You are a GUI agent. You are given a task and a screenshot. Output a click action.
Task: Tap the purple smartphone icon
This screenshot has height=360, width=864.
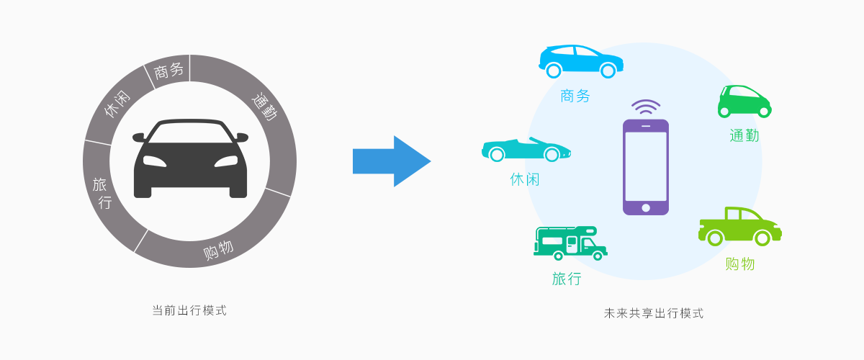(645, 166)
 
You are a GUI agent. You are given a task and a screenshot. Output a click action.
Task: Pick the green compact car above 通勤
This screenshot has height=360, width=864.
(744, 102)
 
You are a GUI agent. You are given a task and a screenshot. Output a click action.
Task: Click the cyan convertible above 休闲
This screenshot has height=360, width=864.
(526, 150)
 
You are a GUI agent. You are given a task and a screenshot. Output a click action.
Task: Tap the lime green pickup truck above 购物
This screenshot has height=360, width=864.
(739, 226)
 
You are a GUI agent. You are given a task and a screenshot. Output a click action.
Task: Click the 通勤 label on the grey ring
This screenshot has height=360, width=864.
(264, 105)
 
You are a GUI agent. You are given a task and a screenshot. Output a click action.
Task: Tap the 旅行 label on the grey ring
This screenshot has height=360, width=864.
(102, 193)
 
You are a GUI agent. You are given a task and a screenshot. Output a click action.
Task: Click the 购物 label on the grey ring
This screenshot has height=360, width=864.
(217, 250)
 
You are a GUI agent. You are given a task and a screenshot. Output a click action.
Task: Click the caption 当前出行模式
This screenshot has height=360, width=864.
(189, 311)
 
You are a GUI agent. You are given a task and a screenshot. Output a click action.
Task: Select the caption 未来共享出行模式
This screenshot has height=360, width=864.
(653, 314)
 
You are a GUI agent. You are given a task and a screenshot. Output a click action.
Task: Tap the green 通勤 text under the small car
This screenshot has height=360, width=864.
(744, 135)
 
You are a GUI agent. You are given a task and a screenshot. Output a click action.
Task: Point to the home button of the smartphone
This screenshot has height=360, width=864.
(646, 208)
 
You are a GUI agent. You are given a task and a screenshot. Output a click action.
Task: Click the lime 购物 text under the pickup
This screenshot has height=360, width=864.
(739, 264)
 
